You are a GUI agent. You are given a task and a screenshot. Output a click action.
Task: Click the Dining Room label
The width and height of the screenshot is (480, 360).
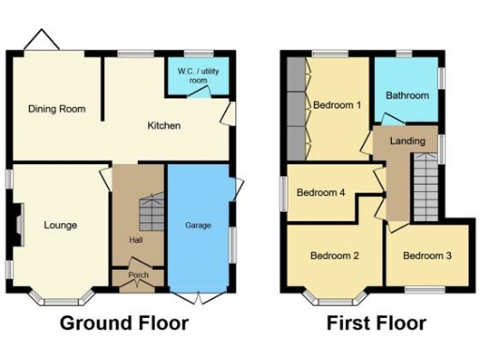click(56, 109)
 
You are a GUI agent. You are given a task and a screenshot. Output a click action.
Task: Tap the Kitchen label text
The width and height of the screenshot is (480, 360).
click(163, 126)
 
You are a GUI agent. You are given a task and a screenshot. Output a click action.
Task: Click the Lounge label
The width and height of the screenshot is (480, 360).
click(60, 225)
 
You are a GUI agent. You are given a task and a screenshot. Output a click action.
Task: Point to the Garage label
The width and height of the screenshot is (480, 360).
click(198, 225)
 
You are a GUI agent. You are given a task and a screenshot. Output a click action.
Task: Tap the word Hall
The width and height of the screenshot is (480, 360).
click(135, 240)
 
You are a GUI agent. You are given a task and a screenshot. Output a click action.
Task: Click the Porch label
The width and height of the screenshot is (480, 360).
click(139, 275)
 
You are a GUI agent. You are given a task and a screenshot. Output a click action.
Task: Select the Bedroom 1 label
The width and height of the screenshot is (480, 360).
click(337, 105)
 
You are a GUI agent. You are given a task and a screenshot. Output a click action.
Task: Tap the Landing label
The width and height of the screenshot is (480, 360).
click(408, 142)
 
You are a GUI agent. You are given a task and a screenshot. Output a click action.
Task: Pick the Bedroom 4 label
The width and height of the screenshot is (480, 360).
click(321, 193)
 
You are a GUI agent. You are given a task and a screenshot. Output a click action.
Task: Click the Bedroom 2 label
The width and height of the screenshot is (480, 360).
click(335, 255)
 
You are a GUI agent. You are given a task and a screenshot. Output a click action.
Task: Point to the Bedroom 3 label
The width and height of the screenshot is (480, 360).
click(427, 255)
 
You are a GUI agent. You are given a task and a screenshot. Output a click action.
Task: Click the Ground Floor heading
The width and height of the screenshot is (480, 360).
click(125, 324)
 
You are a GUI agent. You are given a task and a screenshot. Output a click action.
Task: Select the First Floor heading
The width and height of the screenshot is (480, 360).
click(376, 324)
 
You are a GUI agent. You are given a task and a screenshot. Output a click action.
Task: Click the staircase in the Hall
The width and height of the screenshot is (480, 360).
click(148, 216)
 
